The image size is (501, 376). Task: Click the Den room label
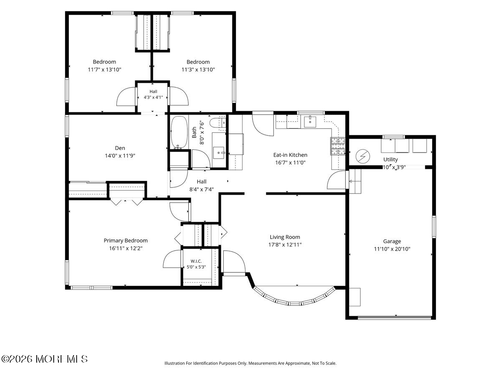[x=120, y=148]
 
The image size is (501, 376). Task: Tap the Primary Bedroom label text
[x=126, y=240]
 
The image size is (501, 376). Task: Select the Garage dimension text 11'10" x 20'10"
[x=392, y=249]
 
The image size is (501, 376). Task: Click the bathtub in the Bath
[x=179, y=132]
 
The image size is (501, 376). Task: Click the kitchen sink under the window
[x=310, y=122]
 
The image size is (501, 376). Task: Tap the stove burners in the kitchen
[x=338, y=146]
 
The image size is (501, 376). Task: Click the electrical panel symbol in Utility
[x=363, y=156]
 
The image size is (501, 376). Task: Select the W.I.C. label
[x=196, y=261]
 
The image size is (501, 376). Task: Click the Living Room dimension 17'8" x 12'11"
[x=285, y=245]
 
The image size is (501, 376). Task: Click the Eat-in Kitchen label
[x=290, y=155]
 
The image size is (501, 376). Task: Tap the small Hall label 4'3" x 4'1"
[x=153, y=97]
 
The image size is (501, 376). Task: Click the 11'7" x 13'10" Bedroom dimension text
[x=104, y=70]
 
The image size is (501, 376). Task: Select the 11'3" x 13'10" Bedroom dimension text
[x=198, y=70]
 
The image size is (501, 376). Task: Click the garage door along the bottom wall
[x=395, y=318]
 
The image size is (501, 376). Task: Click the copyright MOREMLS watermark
[x=44, y=359]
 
